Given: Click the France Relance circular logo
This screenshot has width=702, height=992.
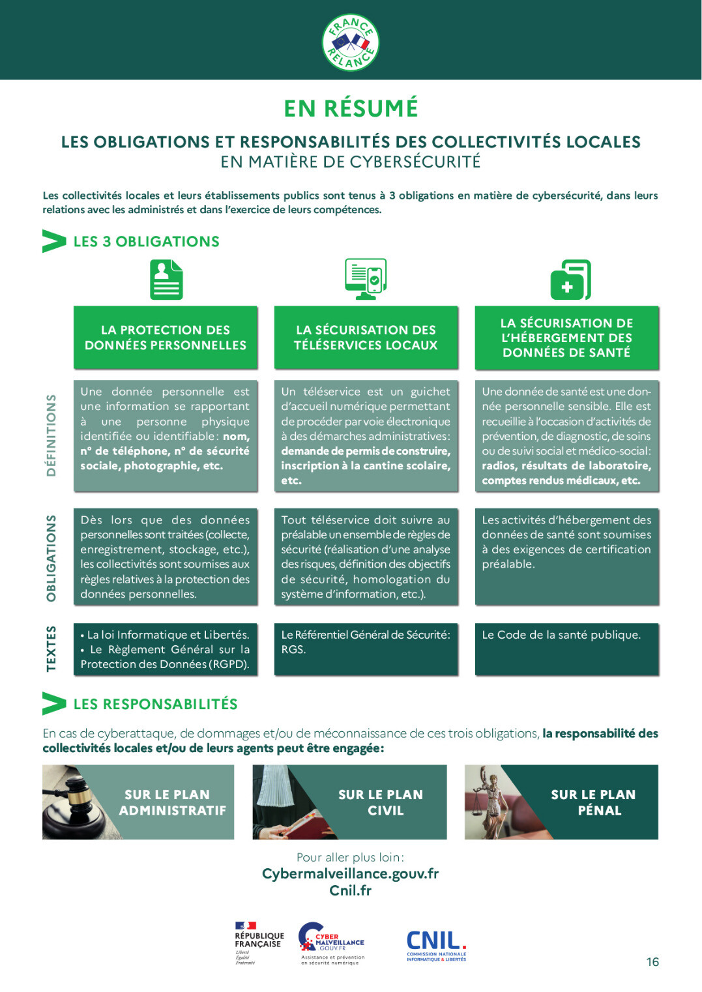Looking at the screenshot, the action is click(350, 42).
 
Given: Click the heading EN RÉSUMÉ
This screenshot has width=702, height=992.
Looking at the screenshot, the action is click(351, 108).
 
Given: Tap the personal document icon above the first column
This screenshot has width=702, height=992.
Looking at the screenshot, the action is click(166, 280).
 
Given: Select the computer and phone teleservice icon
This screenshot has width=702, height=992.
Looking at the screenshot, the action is click(366, 279).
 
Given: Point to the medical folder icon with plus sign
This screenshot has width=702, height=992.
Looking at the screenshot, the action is click(571, 280).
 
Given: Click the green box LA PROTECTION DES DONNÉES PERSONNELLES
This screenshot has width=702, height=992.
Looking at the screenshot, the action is click(165, 338).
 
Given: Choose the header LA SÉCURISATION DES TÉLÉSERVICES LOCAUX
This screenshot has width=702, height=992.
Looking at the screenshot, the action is click(366, 338).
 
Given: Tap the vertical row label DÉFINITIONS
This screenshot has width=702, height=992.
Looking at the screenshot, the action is click(51, 435).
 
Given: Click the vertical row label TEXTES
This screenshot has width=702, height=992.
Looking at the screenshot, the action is click(51, 649).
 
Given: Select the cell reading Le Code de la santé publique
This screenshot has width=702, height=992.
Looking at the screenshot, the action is click(566, 649).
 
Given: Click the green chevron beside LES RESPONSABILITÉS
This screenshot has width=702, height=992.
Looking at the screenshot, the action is click(54, 703).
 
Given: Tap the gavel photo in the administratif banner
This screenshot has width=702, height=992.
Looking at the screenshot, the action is click(76, 802).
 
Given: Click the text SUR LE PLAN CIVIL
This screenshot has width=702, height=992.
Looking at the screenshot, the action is click(381, 802).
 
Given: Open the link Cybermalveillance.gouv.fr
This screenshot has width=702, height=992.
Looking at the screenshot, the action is click(350, 874).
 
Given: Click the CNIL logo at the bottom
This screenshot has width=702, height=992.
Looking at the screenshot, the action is click(436, 946).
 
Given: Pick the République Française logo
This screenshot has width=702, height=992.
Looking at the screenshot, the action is click(259, 943).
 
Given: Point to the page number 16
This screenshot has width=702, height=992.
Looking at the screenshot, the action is click(652, 962).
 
